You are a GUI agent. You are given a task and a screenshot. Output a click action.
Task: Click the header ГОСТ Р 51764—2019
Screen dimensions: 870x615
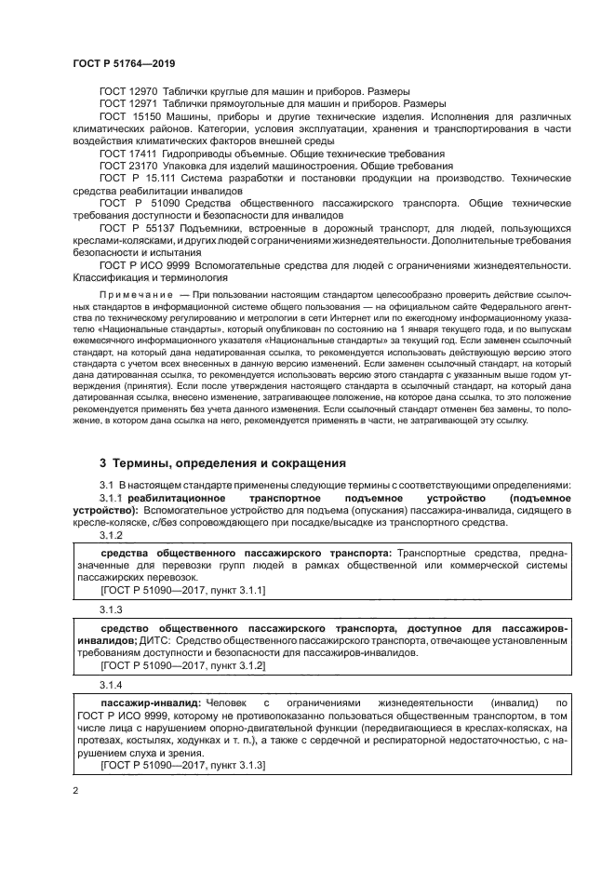tap(123, 62)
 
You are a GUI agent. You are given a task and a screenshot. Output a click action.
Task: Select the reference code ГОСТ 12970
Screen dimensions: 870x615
tap(129, 90)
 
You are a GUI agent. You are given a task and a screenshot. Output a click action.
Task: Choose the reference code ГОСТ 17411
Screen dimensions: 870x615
tap(129, 152)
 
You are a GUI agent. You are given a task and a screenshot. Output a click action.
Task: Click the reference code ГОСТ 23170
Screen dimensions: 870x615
tap(129, 164)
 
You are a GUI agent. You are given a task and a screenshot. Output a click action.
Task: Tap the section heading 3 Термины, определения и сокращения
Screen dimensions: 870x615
tap(223, 462)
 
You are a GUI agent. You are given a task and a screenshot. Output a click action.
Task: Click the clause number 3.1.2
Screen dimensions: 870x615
tap(111, 535)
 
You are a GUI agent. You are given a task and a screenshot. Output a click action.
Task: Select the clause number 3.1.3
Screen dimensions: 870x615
tap(111, 608)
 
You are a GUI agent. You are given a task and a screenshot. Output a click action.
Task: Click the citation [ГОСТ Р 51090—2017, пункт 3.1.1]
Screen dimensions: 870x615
tap(182, 590)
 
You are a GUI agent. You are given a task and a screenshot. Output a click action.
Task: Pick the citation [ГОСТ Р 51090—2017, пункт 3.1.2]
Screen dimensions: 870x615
tap(182, 665)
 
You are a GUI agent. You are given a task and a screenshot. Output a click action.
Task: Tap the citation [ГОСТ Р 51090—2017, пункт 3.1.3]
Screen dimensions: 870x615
tap(182, 764)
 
